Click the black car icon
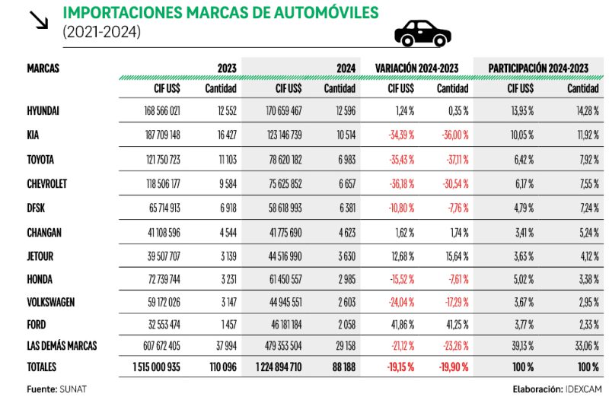pos(422,33)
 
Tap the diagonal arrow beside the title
pos(37,21)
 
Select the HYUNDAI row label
pos(43,110)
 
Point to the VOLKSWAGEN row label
pos(50,302)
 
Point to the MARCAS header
pos(43,68)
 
